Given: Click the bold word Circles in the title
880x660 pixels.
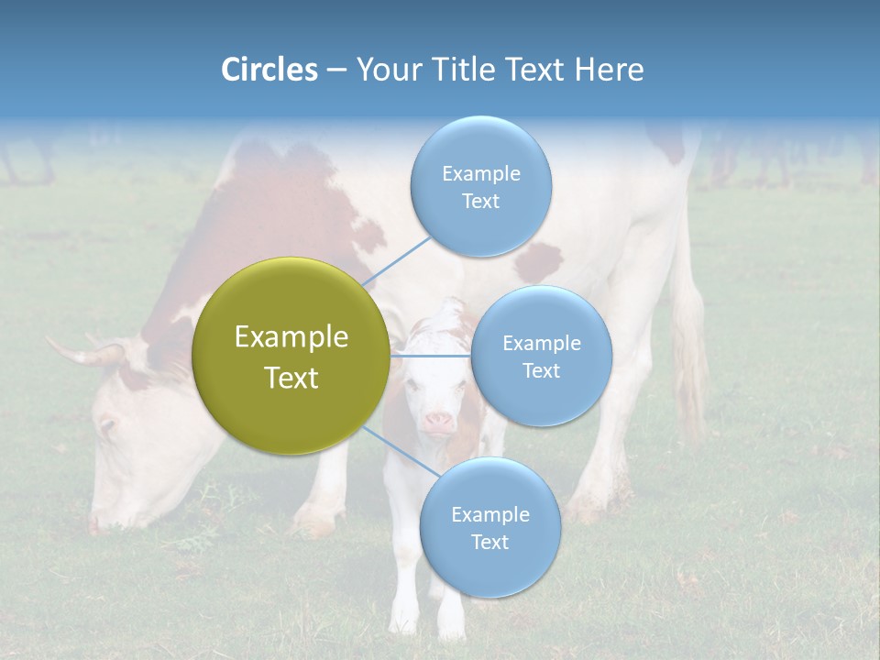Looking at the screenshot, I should pyautogui.click(x=269, y=70).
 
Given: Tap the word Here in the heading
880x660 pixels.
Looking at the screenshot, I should pyautogui.click(x=609, y=70).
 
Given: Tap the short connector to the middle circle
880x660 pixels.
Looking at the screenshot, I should pyautogui.click(x=431, y=356).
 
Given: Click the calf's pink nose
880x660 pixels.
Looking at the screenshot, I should pyautogui.click(x=438, y=422).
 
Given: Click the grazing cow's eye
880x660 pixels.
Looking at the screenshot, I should pyautogui.click(x=108, y=425).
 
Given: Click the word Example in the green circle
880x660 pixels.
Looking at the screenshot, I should pyautogui.click(x=291, y=337).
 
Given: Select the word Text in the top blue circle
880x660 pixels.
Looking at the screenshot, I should pyautogui.click(x=480, y=202).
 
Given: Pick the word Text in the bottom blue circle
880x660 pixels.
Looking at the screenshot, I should pyautogui.click(x=489, y=543).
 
